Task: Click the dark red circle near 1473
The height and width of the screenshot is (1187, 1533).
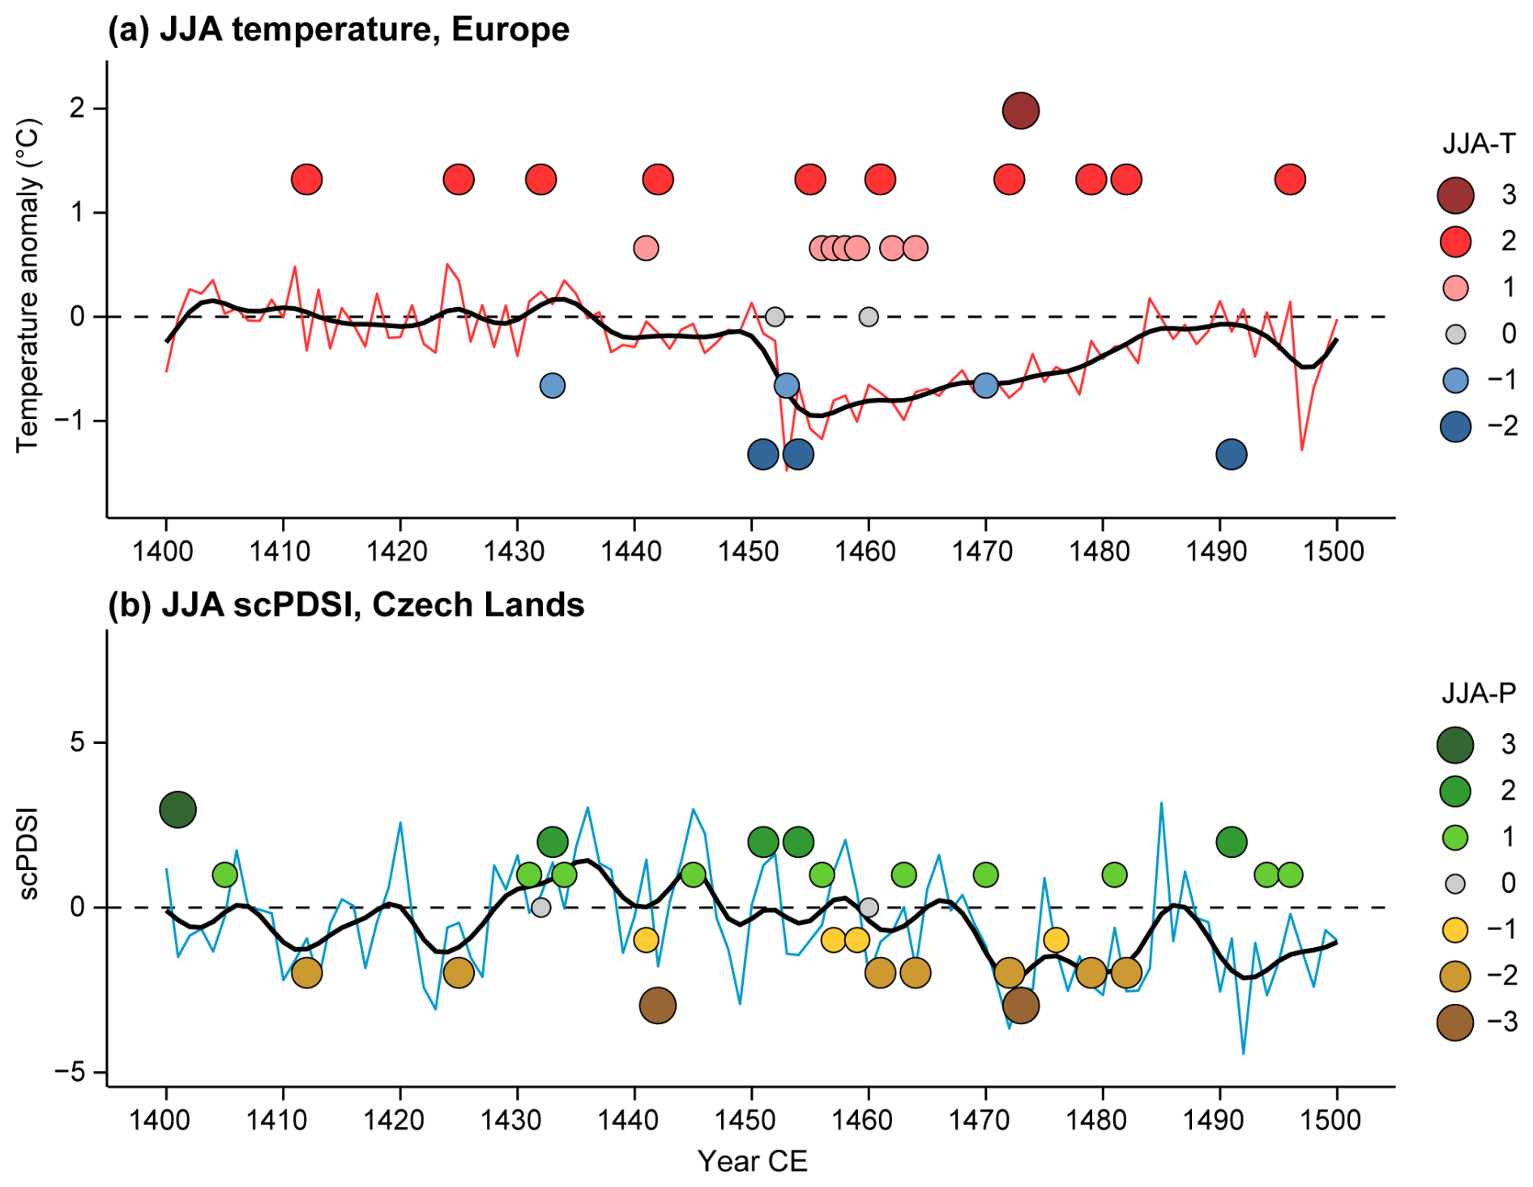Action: pyautogui.click(x=1020, y=110)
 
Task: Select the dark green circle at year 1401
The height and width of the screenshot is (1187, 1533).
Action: pyautogui.click(x=178, y=809)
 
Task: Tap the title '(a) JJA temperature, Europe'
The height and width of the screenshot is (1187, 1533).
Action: pyautogui.click(x=339, y=29)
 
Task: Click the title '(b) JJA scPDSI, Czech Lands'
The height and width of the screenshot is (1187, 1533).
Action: pyautogui.click(x=346, y=605)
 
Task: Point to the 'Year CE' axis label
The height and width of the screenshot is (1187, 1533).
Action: pyautogui.click(x=752, y=1161)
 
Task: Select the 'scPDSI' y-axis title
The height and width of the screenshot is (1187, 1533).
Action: pyautogui.click(x=29, y=855)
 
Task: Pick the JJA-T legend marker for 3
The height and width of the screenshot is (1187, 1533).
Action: pyautogui.click(x=1455, y=195)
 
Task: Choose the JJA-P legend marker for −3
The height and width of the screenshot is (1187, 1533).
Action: pyautogui.click(x=1455, y=1023)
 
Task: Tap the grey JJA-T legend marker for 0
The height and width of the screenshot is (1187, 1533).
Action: pyautogui.click(x=1455, y=334)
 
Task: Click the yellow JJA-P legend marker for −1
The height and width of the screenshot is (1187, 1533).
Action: pyautogui.click(x=1455, y=930)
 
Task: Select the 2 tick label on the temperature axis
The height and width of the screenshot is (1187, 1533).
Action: pyautogui.click(x=78, y=108)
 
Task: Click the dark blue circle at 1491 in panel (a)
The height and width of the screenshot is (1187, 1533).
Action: pyautogui.click(x=1231, y=455)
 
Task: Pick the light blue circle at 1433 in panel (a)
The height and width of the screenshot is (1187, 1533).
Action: pyautogui.click(x=552, y=386)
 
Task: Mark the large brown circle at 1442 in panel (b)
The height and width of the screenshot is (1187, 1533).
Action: pyautogui.click(x=657, y=1006)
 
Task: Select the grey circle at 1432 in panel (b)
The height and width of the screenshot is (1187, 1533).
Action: pyautogui.click(x=540, y=907)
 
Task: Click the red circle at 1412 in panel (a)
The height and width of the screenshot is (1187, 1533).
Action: pyautogui.click(x=306, y=179)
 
